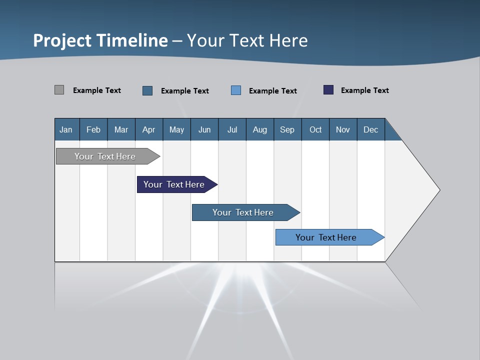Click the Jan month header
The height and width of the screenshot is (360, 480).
click(66, 129)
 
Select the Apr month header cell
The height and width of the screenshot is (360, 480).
click(148, 129)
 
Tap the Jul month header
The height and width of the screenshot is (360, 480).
click(232, 129)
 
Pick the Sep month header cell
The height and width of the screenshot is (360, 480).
click(287, 129)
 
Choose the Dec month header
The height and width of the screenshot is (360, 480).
click(370, 129)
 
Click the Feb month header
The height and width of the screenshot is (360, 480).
click(93, 129)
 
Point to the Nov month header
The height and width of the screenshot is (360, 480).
click(342, 129)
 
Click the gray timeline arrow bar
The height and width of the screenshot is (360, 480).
click(105, 156)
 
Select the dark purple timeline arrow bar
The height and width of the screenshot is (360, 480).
click(174, 184)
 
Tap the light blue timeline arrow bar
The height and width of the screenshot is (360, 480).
click(326, 237)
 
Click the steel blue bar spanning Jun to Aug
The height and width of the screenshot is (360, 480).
click(243, 212)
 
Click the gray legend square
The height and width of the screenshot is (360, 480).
click(59, 90)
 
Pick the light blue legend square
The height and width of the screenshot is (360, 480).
click(236, 90)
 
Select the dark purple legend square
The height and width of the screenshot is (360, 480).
click(328, 90)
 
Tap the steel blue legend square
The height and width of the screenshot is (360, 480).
click(147, 90)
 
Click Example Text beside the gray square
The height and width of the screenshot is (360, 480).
click(97, 90)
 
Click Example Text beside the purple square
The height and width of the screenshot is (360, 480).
click(364, 90)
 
